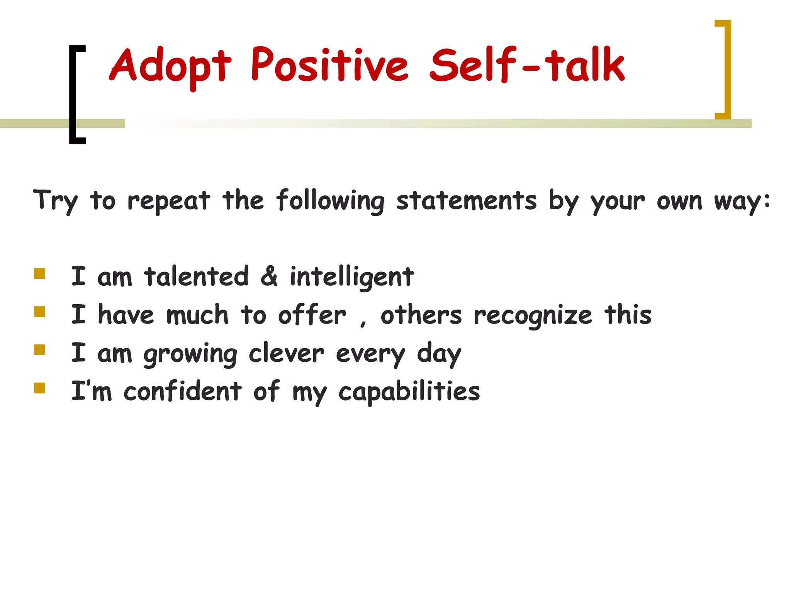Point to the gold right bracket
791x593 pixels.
pyautogui.click(x=726, y=69)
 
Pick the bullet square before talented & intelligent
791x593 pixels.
pyautogui.click(x=40, y=274)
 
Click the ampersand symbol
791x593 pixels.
pyautogui.click(x=269, y=276)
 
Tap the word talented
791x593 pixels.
pyautogui.click(x=196, y=276)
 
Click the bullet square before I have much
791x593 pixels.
pyautogui.click(x=40, y=312)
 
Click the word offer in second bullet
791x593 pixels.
pyautogui.click(x=312, y=315)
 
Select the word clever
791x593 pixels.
pyautogui.click(x=286, y=353)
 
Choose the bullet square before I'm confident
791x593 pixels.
pyautogui.click(x=40, y=388)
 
